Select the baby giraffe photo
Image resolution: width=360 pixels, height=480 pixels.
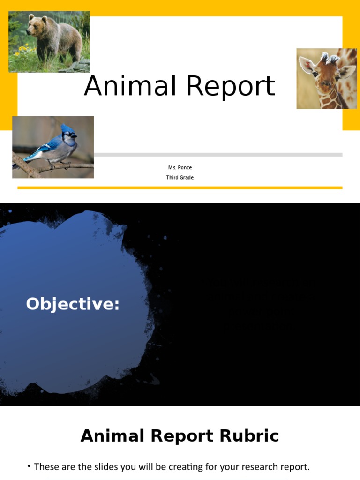327,79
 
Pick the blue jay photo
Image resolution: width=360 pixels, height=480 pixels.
53,147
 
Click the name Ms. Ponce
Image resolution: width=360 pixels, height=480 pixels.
180,168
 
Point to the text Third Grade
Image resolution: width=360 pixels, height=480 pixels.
180,178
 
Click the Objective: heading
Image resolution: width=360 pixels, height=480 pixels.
73,304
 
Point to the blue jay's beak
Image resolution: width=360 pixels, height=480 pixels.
75,136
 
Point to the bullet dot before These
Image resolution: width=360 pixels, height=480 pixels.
29,466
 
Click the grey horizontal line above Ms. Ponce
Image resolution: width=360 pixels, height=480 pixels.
218,154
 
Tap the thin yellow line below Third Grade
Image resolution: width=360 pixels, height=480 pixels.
180,187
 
